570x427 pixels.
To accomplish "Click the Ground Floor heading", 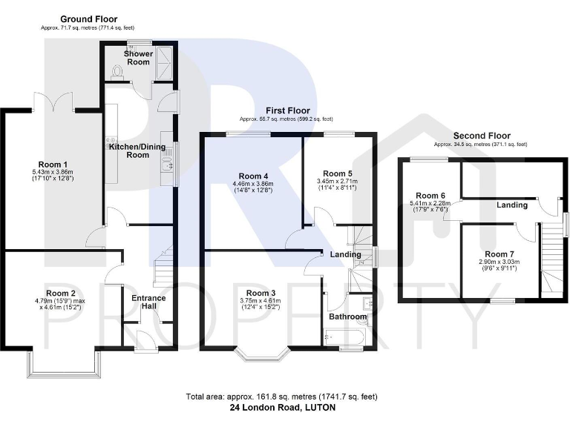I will (88, 19).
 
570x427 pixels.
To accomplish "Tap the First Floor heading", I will (286, 110).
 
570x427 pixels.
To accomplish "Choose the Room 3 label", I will (261, 292).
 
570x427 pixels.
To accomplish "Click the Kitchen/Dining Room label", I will (140, 150).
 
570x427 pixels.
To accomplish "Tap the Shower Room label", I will (139, 58).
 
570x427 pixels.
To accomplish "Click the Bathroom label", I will (348, 317).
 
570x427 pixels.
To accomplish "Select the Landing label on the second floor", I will (511, 205).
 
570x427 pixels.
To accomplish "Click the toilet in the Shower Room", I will (115, 70).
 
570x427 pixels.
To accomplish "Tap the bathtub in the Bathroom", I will (345, 337).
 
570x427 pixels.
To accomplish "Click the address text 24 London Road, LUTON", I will (284, 408).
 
